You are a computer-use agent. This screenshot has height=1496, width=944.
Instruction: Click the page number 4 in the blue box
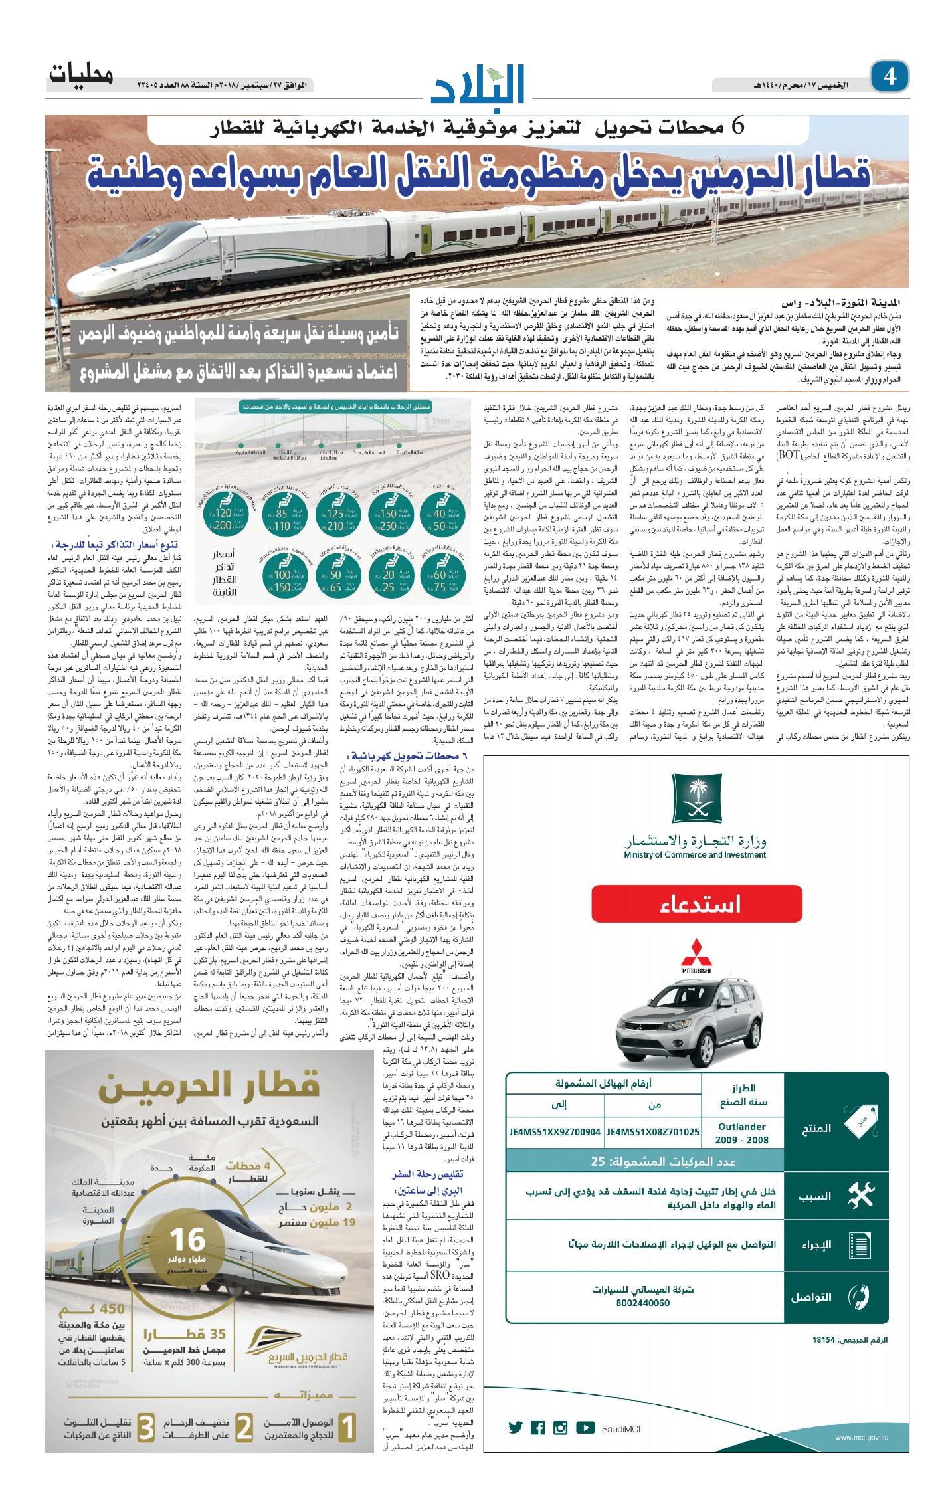click(889, 78)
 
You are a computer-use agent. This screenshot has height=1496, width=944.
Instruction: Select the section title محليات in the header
click(80, 76)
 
